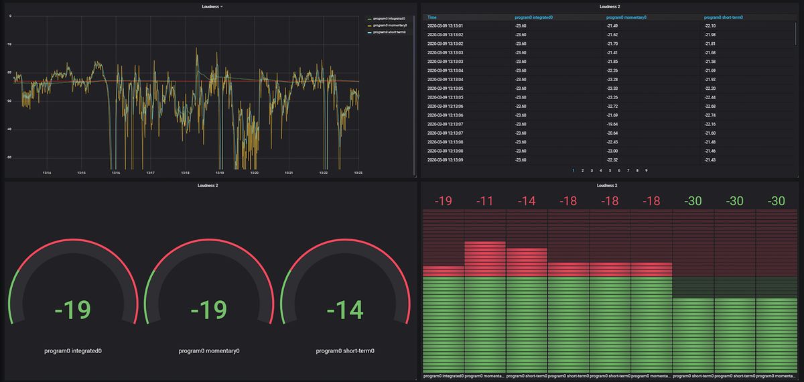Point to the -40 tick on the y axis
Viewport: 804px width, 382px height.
9,129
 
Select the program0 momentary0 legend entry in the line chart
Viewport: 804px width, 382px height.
390,25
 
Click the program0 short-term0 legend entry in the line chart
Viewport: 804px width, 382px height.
390,31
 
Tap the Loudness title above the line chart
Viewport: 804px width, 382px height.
211,7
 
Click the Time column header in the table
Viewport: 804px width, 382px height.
432,17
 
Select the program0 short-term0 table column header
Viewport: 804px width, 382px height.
725,17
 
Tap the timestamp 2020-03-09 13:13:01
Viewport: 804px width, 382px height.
445,26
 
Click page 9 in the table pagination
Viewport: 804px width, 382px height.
646,171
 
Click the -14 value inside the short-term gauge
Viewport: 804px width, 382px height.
344,310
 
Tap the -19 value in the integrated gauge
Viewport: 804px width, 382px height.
72,310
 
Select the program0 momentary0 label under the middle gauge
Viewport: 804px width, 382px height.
209,351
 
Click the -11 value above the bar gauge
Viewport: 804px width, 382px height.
484,201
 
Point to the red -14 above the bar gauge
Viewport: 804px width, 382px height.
526,201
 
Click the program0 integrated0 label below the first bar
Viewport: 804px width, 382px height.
443,376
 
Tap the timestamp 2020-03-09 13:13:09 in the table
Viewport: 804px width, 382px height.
445,160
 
